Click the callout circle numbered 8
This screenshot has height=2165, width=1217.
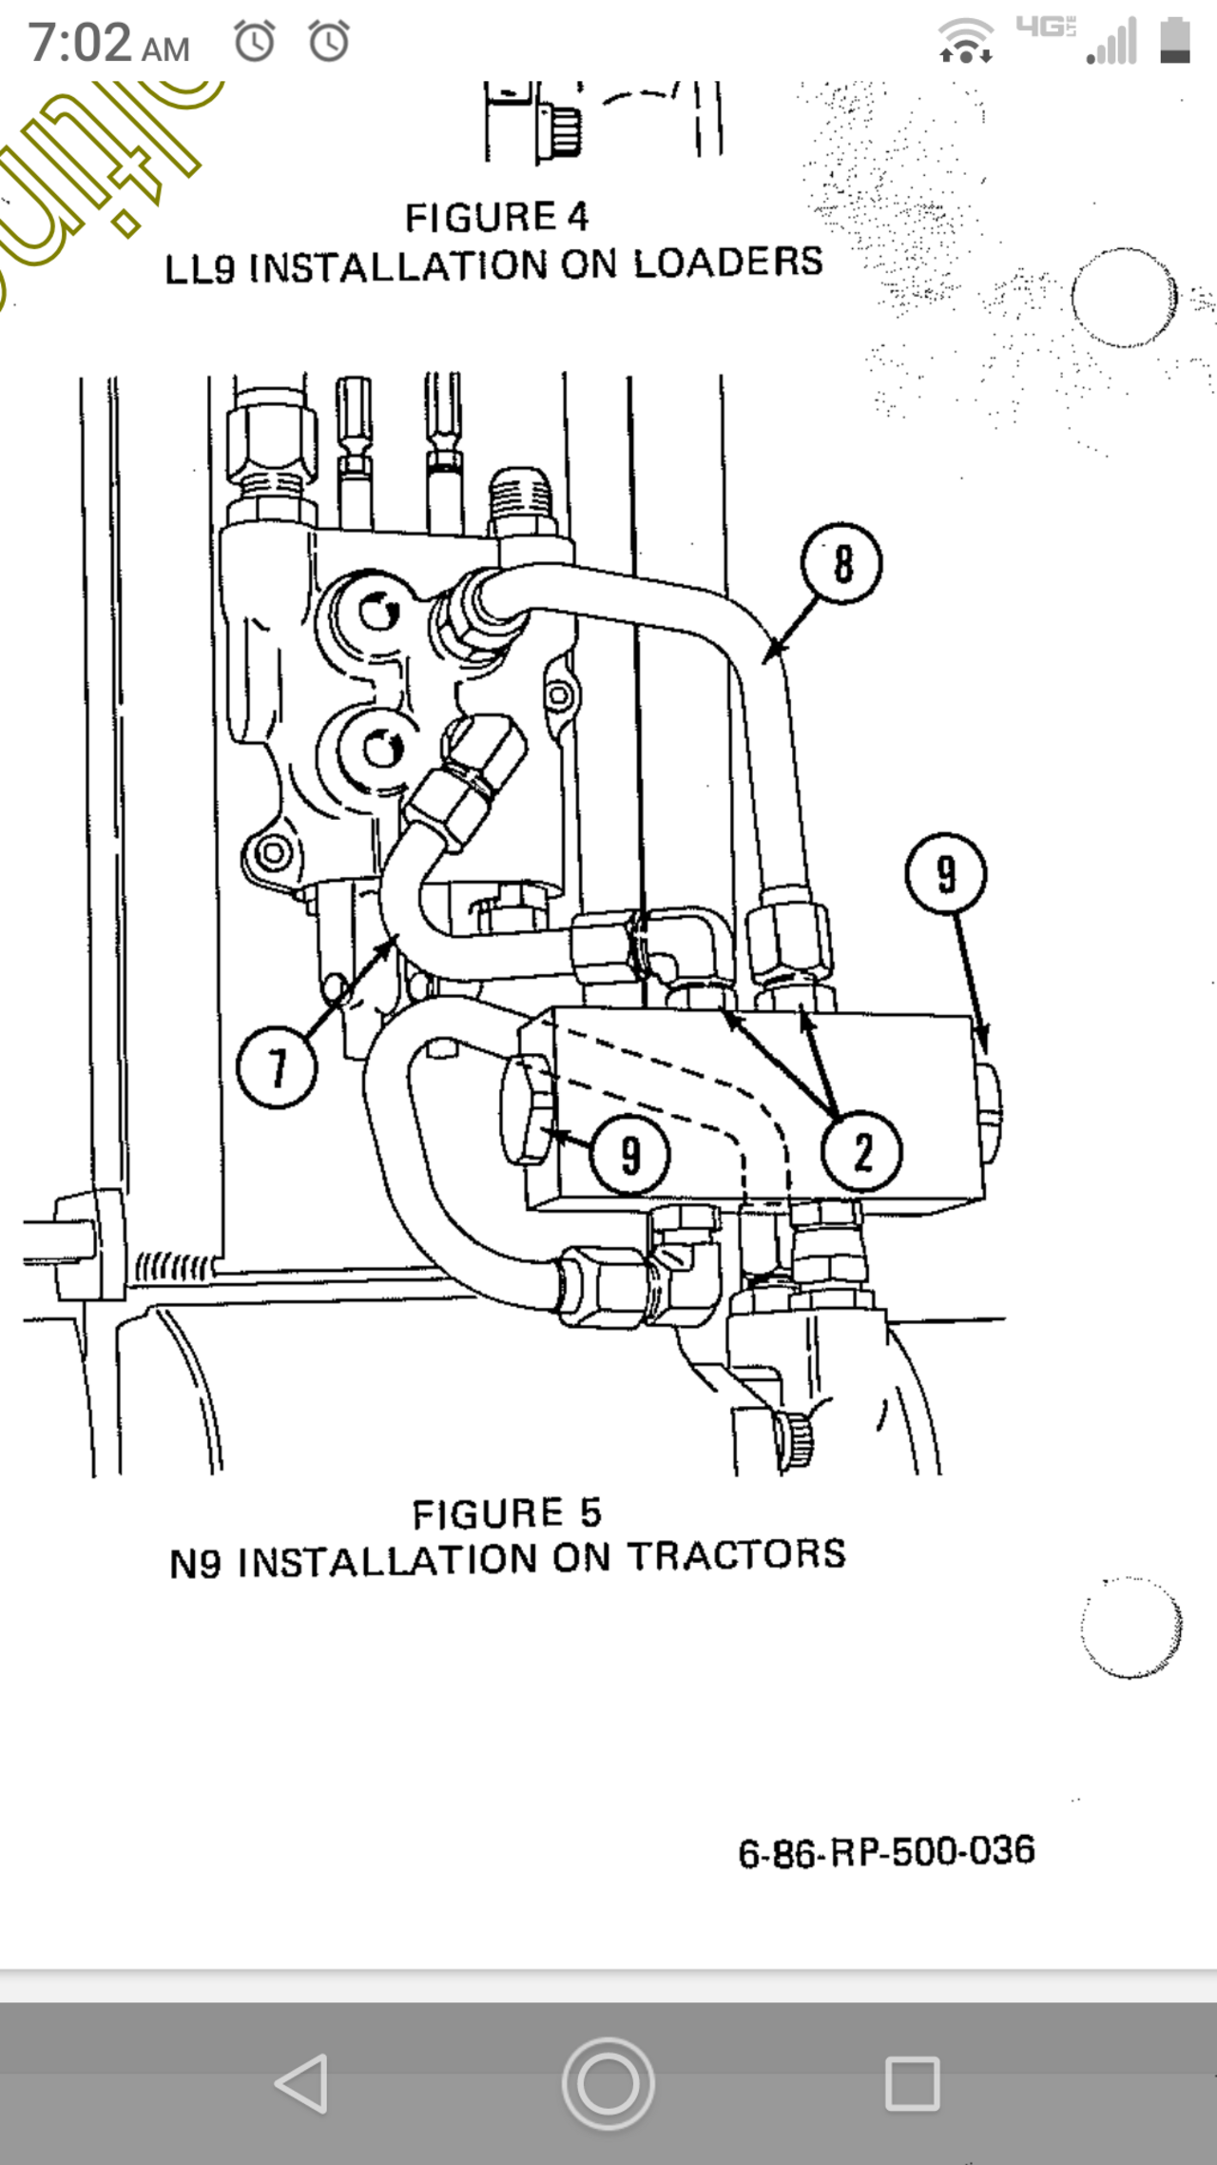pos(841,563)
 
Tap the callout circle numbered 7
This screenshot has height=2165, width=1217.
pos(277,1067)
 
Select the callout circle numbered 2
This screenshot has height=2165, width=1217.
pos(861,1152)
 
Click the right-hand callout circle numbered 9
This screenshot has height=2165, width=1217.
pos(946,873)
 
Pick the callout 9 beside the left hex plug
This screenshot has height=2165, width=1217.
pos(630,1155)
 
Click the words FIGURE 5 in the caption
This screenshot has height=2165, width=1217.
pos(506,1513)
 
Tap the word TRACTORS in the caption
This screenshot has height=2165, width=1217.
pos(737,1555)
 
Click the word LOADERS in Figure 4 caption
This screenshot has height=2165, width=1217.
pos(727,263)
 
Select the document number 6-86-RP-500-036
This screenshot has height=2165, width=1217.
pos(886,1851)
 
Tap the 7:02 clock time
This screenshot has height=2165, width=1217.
pos(107,44)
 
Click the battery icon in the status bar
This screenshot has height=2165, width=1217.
pos(1175,41)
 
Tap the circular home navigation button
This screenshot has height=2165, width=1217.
pos(608,2083)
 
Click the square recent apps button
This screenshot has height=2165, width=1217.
pos(912,2083)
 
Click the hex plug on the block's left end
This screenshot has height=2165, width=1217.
pos(526,1109)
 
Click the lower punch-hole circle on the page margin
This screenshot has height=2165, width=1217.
pos(1130,1628)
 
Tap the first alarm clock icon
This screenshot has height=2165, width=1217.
pos(255,42)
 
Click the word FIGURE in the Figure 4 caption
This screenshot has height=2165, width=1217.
pos(480,218)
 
